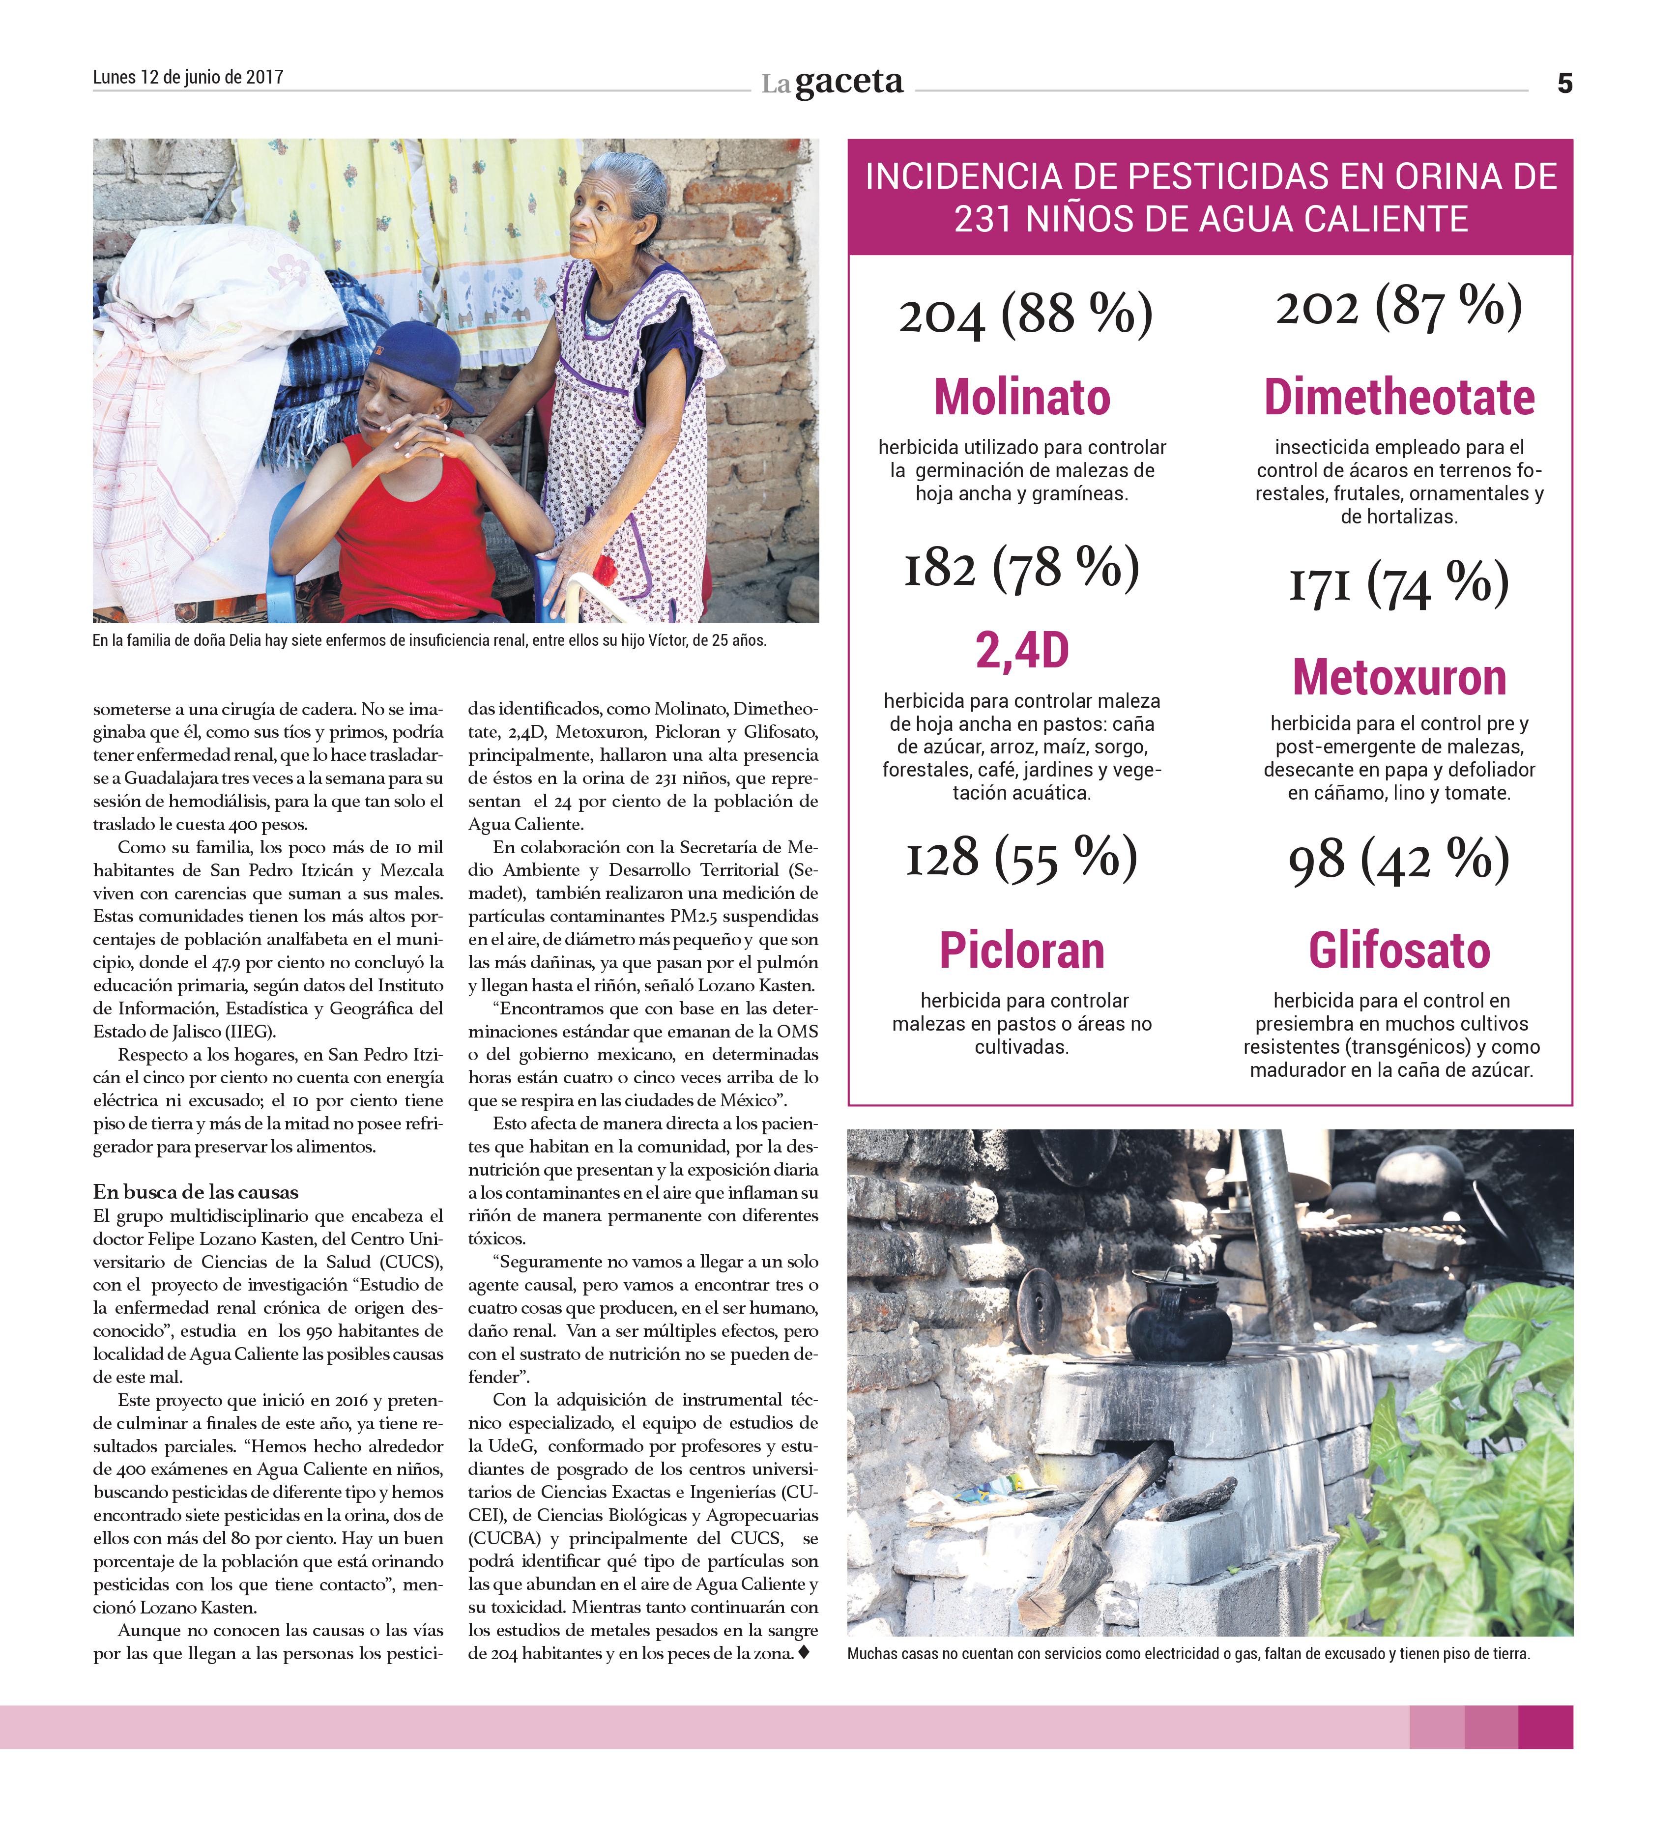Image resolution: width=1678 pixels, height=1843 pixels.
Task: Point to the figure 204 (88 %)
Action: [1025, 315]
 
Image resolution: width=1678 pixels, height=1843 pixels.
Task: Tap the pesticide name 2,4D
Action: [1021, 650]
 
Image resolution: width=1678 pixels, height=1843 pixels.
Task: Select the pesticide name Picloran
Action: [1021, 950]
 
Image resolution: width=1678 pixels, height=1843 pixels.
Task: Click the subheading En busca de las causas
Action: [196, 1191]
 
